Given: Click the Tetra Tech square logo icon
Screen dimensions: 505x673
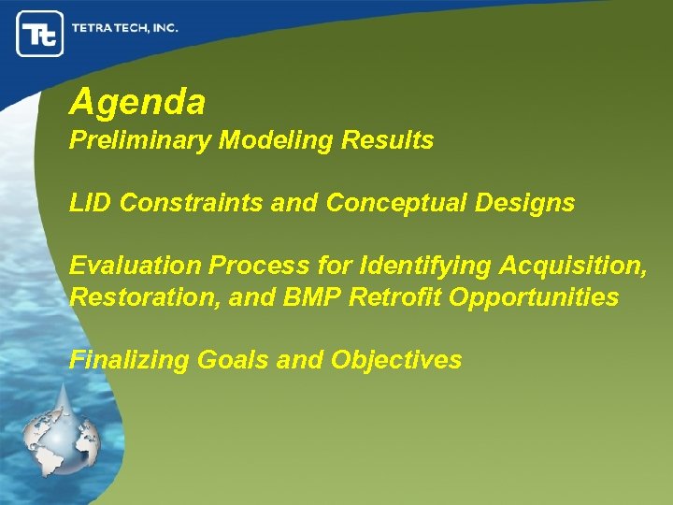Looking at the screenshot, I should pos(40,35).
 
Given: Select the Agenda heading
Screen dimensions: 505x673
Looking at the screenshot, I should pos(137,102).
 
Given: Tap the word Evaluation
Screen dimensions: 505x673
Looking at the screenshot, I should pos(136,266).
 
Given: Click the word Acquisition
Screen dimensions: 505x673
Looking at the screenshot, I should pos(570,266).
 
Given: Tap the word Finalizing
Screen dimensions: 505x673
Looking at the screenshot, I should pos(129,360).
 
